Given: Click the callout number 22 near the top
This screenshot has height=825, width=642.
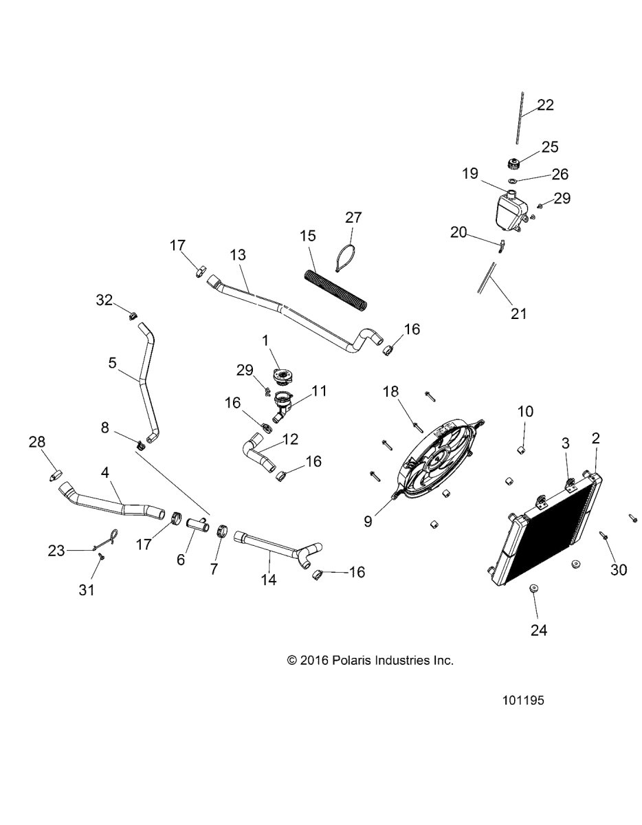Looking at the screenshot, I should (546, 105).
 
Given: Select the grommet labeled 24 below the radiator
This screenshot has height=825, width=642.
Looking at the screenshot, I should (534, 589).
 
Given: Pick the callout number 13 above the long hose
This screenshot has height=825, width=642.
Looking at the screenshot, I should (237, 255).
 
